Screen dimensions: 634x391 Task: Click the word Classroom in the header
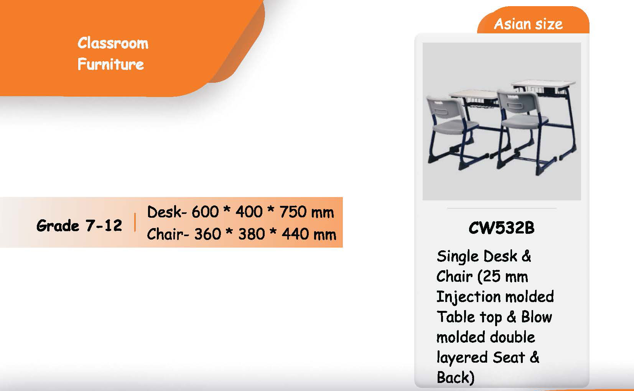tap(113, 43)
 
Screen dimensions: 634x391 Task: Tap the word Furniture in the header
tap(111, 64)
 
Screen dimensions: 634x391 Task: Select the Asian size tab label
tap(529, 24)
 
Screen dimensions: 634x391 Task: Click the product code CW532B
tap(502, 228)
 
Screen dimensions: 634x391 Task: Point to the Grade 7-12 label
tap(79, 226)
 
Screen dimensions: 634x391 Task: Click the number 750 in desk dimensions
tap(293, 212)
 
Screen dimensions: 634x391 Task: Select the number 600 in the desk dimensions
tap(205, 212)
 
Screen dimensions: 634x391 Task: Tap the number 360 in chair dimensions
tap(208, 234)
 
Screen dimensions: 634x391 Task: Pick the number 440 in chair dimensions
tap(295, 234)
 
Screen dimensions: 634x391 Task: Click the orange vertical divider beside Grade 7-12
tap(135, 222)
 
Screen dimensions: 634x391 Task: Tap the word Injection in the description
tap(469, 297)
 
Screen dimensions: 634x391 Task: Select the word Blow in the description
tap(537, 317)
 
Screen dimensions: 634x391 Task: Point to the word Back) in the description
tap(455, 378)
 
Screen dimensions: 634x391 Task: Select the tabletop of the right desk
tap(544, 84)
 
